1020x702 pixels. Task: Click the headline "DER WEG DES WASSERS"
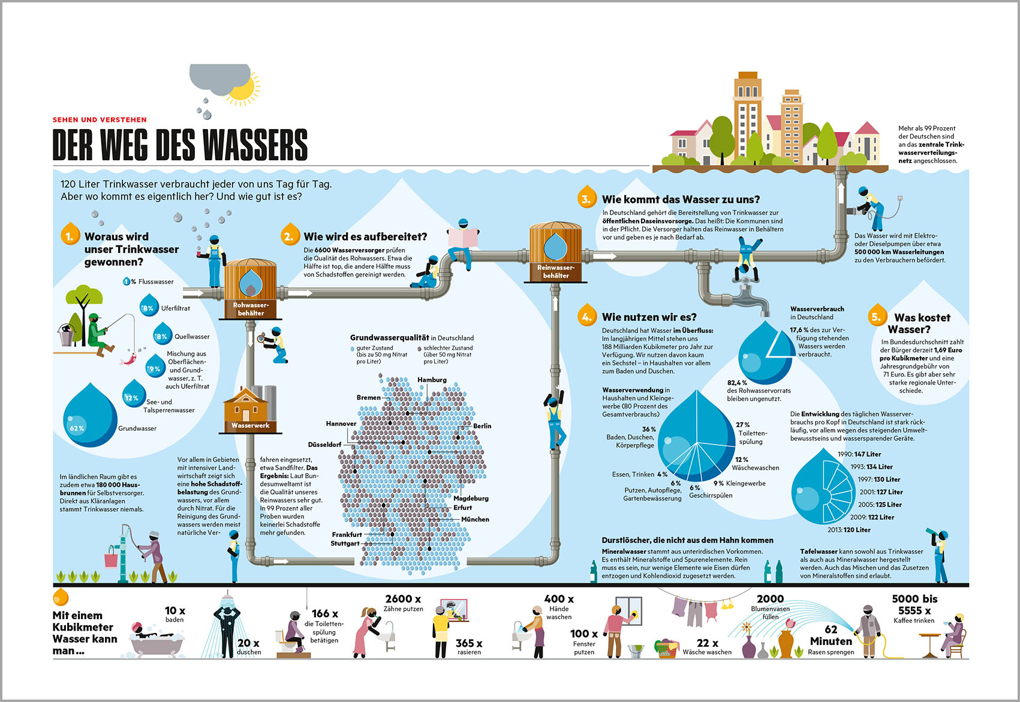180,145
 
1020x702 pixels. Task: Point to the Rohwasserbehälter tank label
251,309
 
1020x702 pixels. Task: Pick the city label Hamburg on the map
432,380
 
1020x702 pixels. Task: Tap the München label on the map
475,520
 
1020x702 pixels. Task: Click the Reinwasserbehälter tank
555,252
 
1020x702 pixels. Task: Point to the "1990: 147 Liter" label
859,454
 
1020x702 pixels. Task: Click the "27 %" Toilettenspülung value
743,425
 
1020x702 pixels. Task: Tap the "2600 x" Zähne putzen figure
403,599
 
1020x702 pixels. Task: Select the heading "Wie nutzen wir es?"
649,317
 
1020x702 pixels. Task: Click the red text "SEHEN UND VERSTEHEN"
100,120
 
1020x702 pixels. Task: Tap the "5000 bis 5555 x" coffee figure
914,604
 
